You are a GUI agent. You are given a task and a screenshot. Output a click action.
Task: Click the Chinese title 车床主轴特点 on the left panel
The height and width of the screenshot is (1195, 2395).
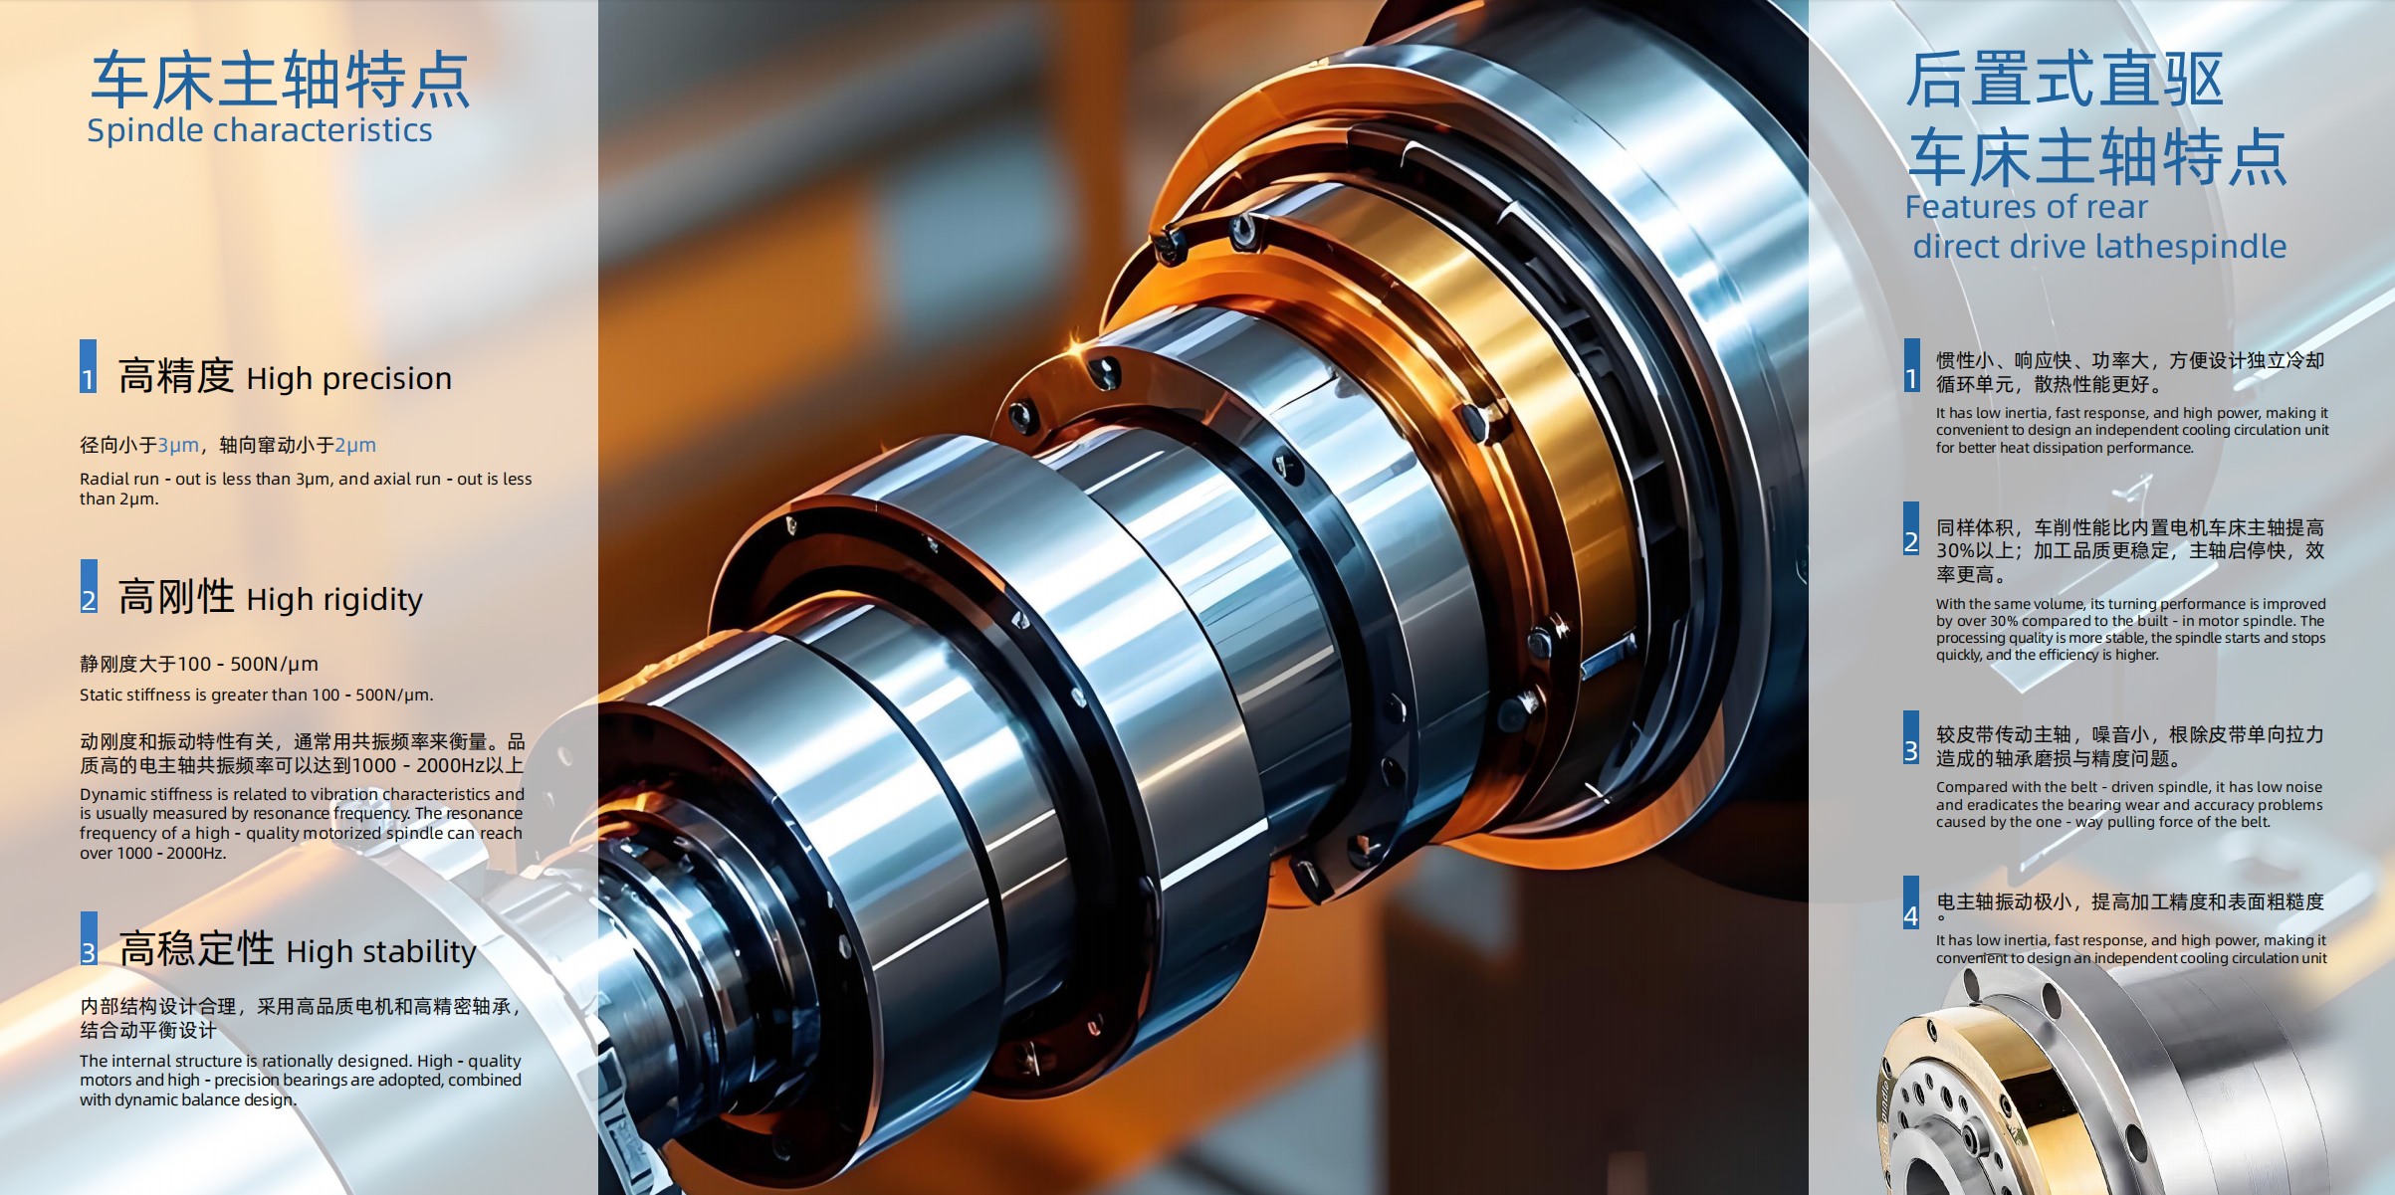click(x=280, y=80)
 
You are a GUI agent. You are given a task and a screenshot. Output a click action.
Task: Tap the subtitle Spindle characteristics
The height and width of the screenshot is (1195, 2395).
click(x=260, y=130)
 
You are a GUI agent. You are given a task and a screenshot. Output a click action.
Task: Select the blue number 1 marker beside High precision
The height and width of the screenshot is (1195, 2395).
click(x=89, y=366)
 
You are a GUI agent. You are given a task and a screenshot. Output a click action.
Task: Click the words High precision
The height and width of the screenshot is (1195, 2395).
click(x=348, y=378)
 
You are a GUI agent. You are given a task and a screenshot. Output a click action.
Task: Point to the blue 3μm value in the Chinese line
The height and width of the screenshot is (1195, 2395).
click(x=178, y=445)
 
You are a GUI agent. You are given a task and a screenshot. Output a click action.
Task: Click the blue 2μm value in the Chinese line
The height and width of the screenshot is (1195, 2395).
click(x=355, y=445)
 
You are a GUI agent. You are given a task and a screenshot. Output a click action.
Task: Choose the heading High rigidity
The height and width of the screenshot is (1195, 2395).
click(x=334, y=599)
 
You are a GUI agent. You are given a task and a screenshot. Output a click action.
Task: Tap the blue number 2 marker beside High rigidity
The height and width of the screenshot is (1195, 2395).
click(x=89, y=586)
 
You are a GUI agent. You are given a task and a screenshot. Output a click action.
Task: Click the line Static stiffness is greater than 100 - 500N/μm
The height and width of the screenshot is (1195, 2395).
click(x=257, y=695)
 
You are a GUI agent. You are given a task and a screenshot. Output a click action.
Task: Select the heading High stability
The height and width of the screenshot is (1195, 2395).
click(x=381, y=951)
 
